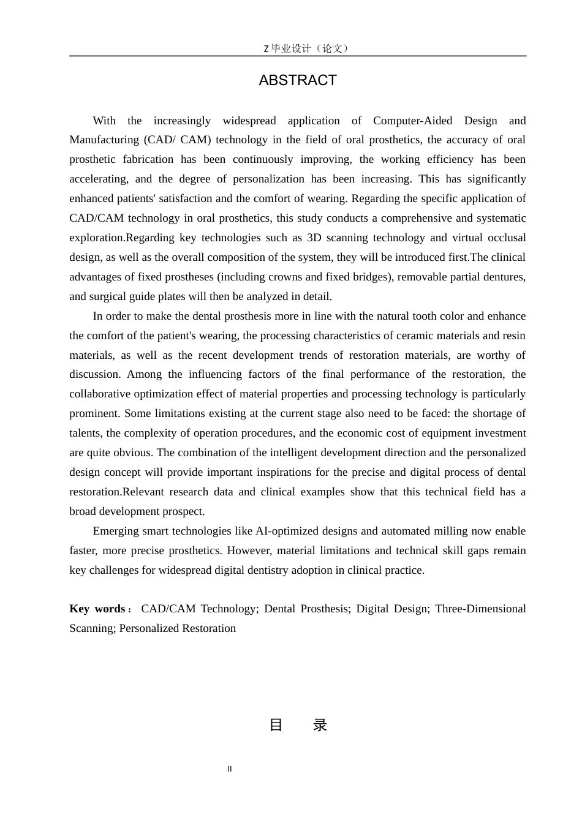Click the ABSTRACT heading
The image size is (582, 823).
tap(298, 80)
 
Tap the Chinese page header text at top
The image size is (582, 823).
tap(305, 48)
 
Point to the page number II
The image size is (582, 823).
tap(230, 769)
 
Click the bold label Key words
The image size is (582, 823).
tap(98, 609)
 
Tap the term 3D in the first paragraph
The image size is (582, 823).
tap(306, 238)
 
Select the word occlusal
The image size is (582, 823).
tap(507, 238)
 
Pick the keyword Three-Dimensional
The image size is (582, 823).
tap(480, 609)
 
